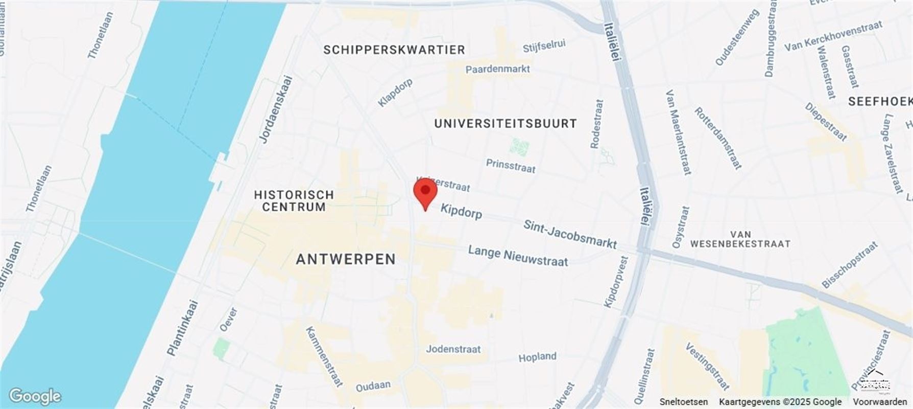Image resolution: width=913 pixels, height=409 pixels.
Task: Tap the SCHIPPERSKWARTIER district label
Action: pyautogui.click(x=394, y=50)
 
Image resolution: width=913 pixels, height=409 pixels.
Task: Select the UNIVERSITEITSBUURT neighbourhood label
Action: pyautogui.click(x=506, y=123)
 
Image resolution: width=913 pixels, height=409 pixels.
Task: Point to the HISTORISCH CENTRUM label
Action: pyautogui.click(x=294, y=200)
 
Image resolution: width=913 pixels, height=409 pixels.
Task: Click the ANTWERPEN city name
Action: pyautogui.click(x=346, y=259)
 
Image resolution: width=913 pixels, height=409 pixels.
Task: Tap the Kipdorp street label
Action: pyautogui.click(x=461, y=211)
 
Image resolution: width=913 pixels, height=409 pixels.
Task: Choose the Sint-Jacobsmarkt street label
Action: pyautogui.click(x=570, y=234)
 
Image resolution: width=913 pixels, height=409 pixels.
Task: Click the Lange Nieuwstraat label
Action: pyautogui.click(x=518, y=256)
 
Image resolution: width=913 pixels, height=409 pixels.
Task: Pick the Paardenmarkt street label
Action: pyautogui.click(x=497, y=69)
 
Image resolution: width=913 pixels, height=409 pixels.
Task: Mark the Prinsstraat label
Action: pyautogui.click(x=510, y=166)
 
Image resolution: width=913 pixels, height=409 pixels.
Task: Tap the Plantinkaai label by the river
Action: pyautogui.click(x=182, y=328)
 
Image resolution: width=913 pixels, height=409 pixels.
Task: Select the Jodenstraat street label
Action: pyautogui.click(x=453, y=349)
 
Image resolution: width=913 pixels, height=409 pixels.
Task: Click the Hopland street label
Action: pyautogui.click(x=537, y=357)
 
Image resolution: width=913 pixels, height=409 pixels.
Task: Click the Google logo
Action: pyautogui.click(x=35, y=396)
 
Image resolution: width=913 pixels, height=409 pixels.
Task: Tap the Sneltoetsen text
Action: pyautogui.click(x=683, y=402)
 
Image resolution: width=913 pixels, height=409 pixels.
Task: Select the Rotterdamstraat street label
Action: pyautogui.click(x=717, y=138)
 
